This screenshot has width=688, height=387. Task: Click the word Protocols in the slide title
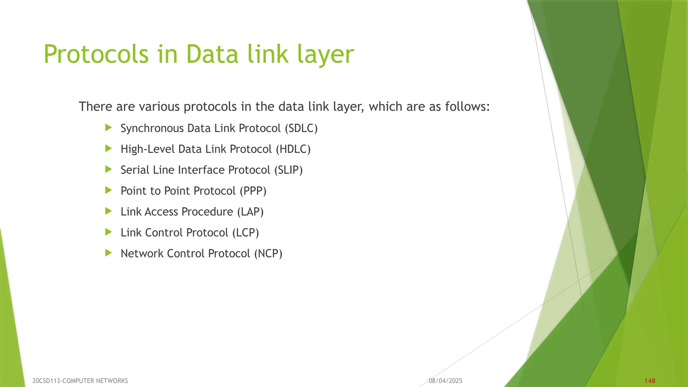click(96, 54)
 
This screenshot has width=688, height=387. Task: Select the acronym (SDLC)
click(301, 128)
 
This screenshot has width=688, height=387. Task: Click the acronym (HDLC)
click(293, 149)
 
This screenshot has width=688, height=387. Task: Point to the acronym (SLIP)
click(288, 170)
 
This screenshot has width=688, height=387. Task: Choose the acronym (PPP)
click(253, 191)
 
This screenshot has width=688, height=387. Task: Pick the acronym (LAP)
click(250, 212)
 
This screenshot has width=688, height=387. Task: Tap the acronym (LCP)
click(246, 232)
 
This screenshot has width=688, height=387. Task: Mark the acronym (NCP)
click(268, 253)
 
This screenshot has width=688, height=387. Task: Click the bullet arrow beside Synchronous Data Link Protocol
click(108, 128)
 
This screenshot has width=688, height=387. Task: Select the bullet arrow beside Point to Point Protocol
click(108, 190)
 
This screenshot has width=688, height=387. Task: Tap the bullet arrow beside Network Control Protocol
click(108, 253)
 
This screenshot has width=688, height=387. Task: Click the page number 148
click(650, 381)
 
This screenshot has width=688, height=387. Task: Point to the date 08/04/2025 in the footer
click(445, 381)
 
